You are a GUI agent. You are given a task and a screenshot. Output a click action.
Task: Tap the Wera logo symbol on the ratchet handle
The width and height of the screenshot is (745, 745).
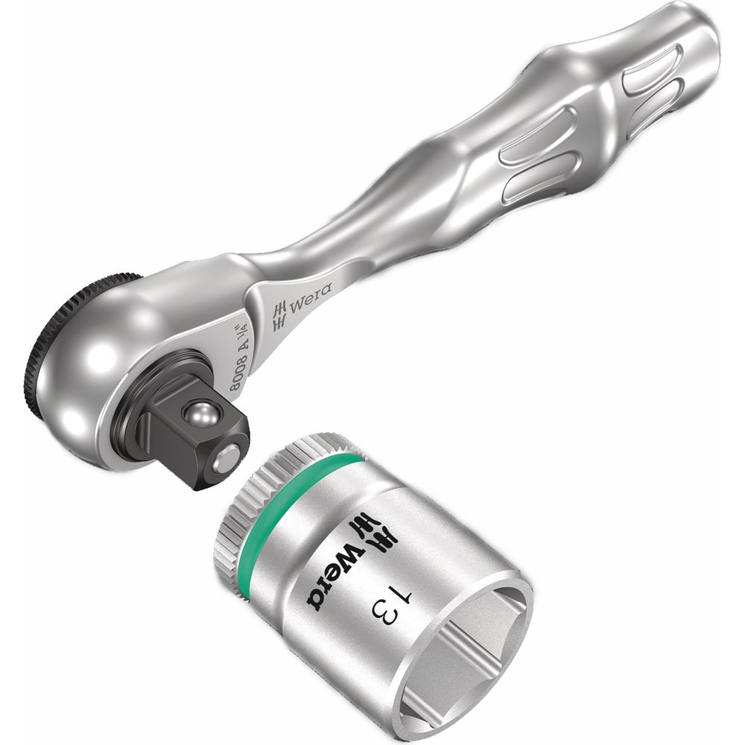coord(280,315)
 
